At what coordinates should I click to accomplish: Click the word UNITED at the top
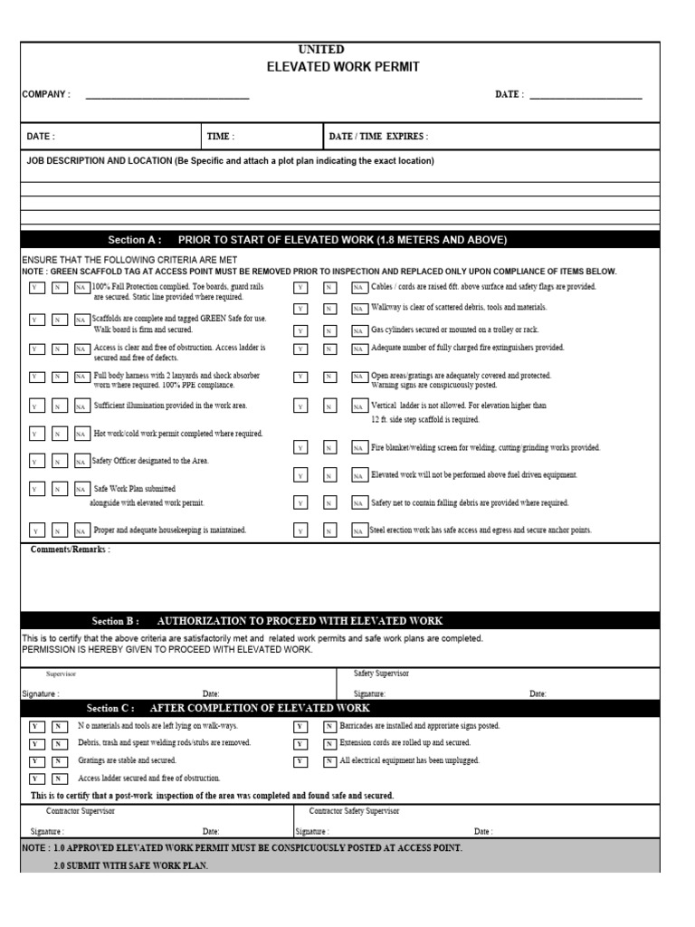320,50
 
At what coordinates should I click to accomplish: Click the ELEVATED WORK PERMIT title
343,67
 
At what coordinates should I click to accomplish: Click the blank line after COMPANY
167,95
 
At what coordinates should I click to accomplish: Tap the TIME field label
221,137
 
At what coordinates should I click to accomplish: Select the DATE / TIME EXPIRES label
379,137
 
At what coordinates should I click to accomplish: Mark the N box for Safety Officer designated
58,462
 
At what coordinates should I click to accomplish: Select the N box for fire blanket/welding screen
329,448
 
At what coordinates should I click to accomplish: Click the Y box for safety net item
300,503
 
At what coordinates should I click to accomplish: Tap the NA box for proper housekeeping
81,530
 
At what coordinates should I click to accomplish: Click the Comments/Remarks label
71,550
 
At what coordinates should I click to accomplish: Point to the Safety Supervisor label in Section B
381,674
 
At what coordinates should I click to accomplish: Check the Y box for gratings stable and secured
35,760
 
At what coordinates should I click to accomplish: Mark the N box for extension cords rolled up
328,743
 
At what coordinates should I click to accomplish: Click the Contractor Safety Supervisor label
354,811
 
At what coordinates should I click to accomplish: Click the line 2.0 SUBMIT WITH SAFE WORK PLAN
130,866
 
